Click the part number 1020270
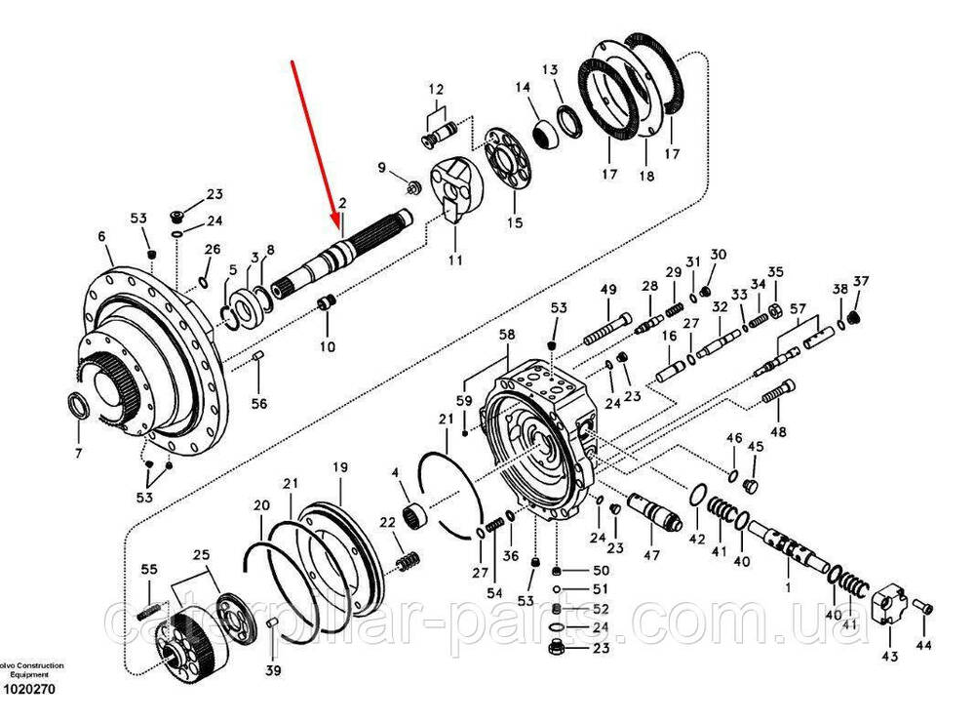coord(30,690)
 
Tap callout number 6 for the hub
coord(100,236)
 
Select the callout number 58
coord(507,336)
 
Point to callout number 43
coord(889,657)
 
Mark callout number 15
coord(515,221)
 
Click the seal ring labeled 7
coord(79,405)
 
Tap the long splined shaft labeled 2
coord(346,257)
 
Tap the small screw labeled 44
coord(925,609)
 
